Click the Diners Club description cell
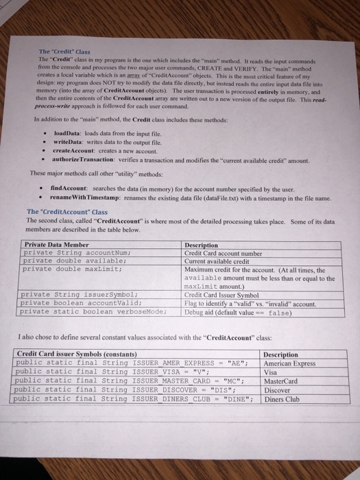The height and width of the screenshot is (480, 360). pyautogui.click(x=284, y=398)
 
